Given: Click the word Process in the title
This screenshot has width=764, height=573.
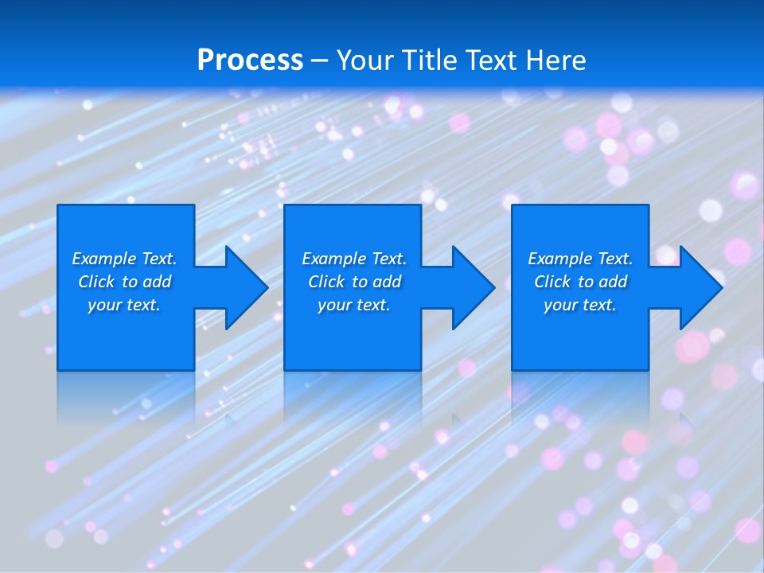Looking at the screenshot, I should point(250,60).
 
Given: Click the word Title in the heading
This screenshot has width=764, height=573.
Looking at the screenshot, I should point(429,60).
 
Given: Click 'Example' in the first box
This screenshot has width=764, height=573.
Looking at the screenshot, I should point(103,259).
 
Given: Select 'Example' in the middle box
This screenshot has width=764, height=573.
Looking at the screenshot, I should point(333,259).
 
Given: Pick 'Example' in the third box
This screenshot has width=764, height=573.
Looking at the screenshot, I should point(559,259).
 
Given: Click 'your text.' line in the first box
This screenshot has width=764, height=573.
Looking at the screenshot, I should point(124,305).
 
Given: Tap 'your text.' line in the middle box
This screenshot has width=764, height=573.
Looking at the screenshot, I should point(353,305).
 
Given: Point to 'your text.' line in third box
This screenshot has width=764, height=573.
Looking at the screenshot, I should point(580,305).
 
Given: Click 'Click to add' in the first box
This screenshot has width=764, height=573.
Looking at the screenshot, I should point(124,282).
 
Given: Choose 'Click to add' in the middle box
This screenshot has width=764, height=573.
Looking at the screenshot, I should point(354,282).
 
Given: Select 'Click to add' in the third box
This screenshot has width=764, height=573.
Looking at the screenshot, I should point(580,282).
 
